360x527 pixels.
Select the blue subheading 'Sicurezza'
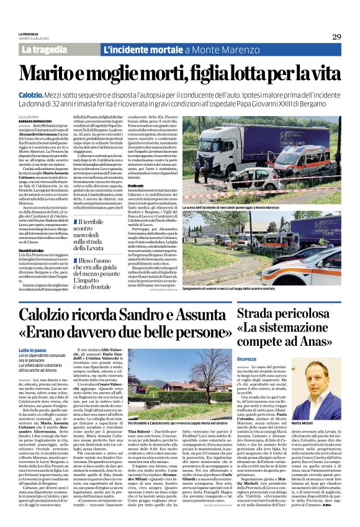pos(246,358)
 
